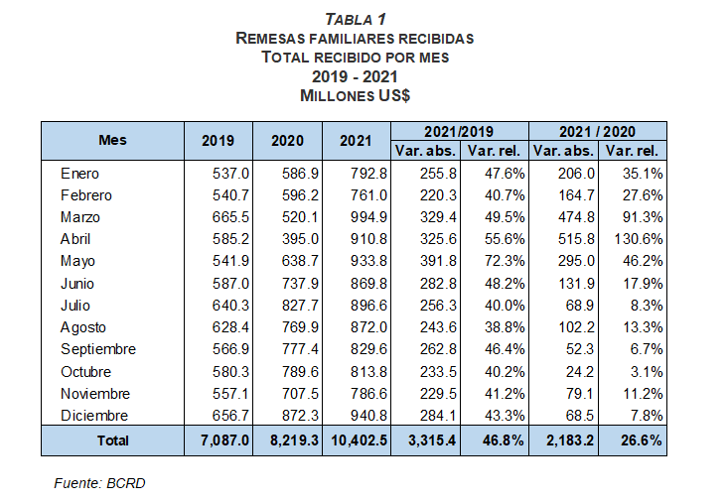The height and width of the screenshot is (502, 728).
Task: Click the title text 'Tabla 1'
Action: [356, 20]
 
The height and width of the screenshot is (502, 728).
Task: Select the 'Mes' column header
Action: [112, 140]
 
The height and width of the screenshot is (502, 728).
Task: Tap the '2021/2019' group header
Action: [459, 132]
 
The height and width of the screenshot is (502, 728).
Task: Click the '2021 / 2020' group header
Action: [597, 132]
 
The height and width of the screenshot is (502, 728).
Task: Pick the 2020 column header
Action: [287, 141]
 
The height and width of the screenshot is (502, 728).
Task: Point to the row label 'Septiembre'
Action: [98, 349]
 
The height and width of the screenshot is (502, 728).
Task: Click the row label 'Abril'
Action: [75, 239]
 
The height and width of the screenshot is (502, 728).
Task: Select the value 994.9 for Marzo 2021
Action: [368, 217]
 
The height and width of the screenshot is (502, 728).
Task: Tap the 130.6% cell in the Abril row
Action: [639, 239]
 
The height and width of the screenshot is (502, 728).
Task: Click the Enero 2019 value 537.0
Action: [230, 174]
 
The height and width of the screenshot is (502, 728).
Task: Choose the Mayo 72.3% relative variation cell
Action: [505, 261]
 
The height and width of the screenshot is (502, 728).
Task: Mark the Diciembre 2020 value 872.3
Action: [300, 416]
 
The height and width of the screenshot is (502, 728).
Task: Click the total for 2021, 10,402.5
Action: [359, 440]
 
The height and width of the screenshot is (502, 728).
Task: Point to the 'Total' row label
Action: [113, 440]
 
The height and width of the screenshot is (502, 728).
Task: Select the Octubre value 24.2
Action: [580, 372]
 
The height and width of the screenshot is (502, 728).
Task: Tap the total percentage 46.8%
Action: [504, 440]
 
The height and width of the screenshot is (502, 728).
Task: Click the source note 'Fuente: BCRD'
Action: [100, 483]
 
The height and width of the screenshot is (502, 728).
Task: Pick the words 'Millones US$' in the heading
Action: [356, 95]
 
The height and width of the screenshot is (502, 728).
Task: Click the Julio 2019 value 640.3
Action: [230, 306]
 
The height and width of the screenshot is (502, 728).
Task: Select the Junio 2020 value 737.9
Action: [300, 284]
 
